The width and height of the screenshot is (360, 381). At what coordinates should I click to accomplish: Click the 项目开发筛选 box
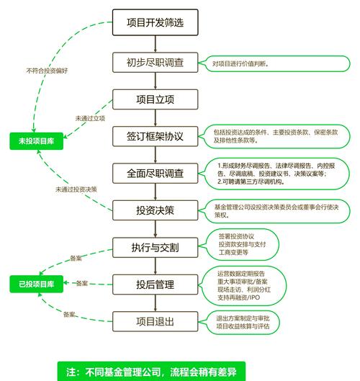[155, 22]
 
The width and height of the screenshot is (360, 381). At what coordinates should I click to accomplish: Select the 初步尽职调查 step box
[155, 63]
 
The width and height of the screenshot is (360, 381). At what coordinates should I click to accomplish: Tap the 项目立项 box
[155, 99]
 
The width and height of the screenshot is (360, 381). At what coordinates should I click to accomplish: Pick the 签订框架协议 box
[155, 136]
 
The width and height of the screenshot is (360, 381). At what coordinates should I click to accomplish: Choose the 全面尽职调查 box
[155, 173]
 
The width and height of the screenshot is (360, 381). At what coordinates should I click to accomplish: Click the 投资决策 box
[155, 210]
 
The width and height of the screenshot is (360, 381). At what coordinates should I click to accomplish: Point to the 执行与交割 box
[155, 247]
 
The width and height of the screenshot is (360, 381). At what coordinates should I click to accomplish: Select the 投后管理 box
[155, 284]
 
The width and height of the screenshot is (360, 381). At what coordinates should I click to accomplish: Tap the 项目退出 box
[155, 321]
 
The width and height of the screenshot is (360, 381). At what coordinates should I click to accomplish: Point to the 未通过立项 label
[90, 118]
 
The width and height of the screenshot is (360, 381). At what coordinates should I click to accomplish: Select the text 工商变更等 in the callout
[233, 254]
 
